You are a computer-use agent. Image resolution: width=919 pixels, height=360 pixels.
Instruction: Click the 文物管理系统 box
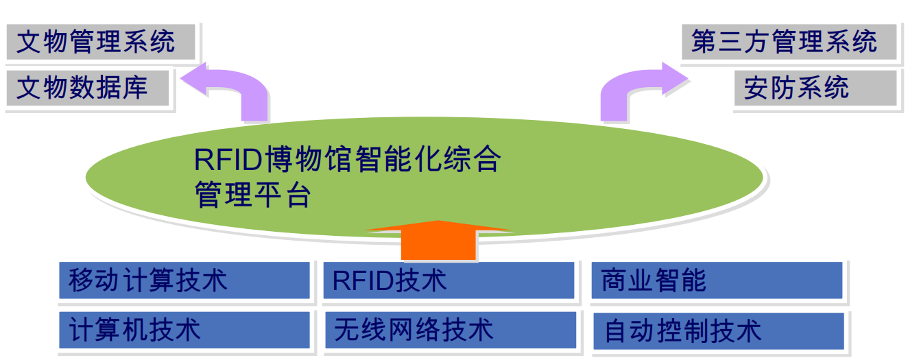(101, 42)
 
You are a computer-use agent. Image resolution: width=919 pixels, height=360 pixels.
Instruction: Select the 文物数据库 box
(88, 88)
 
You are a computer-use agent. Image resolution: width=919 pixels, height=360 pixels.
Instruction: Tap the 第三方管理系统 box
(789, 42)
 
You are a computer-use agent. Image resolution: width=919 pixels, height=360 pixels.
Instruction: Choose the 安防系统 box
(815, 88)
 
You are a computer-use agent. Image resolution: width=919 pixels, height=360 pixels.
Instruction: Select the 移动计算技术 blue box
(184, 280)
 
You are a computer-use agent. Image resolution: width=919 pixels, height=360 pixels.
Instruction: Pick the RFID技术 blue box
(449, 280)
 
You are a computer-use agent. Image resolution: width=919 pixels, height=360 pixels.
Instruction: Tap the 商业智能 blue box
(717, 280)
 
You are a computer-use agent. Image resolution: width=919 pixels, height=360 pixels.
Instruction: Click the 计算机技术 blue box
(184, 330)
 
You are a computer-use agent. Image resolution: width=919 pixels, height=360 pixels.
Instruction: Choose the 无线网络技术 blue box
(451, 330)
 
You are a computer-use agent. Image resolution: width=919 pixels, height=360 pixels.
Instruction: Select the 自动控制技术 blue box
(718, 331)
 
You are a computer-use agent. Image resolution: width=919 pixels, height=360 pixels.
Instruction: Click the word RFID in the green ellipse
(228, 160)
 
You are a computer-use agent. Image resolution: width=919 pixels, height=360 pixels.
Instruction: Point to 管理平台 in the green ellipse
(252, 194)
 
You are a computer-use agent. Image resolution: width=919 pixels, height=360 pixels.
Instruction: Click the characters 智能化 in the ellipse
(397, 159)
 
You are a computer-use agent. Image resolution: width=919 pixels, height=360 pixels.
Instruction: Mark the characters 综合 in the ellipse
(472, 159)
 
